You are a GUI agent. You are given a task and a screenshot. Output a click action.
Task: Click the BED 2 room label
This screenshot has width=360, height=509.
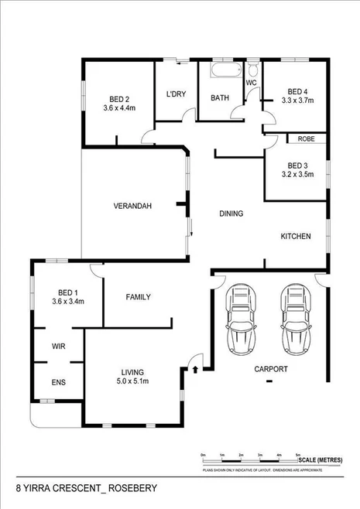coord(118,98)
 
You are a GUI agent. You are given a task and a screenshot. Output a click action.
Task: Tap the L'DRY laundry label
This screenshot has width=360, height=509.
coord(176,94)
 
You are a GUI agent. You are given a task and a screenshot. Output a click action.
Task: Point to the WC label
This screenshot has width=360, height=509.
coord(251,82)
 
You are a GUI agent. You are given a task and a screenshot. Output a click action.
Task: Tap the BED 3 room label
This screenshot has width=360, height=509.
coord(298,166)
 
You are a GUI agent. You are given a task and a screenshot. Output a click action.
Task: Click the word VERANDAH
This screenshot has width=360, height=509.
coord(132,206)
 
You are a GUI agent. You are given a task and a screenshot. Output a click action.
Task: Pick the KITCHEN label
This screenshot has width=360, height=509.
coord(295,236)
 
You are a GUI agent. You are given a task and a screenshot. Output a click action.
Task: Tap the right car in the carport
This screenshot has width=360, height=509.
coord(295,318)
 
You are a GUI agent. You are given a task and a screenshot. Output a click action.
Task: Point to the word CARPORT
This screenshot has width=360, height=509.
coord(271,370)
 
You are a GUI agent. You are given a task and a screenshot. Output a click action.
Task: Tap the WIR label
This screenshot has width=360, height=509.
coord(58,347)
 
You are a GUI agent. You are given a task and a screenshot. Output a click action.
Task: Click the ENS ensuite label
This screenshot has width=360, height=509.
coord(58,381)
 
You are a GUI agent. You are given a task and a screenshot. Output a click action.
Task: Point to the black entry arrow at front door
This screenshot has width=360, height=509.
coord(194,370)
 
